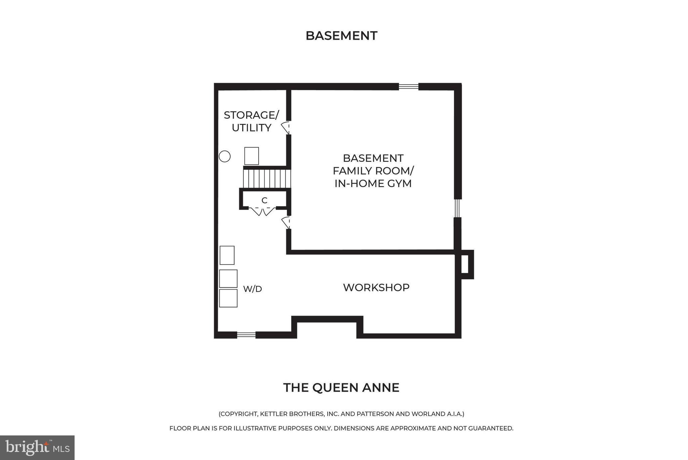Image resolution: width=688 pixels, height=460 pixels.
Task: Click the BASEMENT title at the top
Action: tap(341, 36)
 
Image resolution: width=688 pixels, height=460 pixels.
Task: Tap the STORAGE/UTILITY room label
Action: tap(251, 121)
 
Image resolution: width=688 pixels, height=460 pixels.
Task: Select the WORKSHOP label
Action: tap(376, 287)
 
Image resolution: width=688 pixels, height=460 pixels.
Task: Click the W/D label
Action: tap(252, 289)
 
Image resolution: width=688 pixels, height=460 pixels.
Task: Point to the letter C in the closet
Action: tap(264, 201)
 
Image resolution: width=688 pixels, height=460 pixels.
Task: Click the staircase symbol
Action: tap(267, 179)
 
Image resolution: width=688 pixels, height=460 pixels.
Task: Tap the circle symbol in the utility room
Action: tap(225, 156)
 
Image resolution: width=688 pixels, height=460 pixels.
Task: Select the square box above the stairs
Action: tap(252, 156)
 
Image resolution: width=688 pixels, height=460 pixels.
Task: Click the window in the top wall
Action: tap(408, 87)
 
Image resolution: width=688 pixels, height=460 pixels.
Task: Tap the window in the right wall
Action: tap(457, 208)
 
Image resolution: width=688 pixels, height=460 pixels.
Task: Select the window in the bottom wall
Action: tap(246, 334)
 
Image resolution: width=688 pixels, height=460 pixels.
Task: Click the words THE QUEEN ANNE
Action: tap(341, 388)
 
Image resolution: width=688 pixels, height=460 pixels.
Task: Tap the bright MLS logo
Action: tap(37, 447)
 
